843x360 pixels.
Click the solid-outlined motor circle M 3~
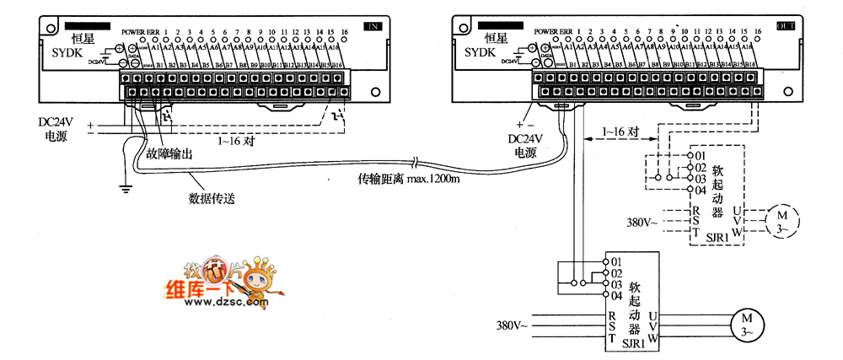pyautogui.click(x=745, y=323)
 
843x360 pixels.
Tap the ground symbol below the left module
pyautogui.click(x=126, y=189)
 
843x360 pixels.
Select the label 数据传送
pyautogui.click(x=211, y=200)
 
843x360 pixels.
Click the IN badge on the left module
pyautogui.click(x=371, y=26)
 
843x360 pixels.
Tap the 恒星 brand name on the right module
pyautogui.click(x=500, y=37)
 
